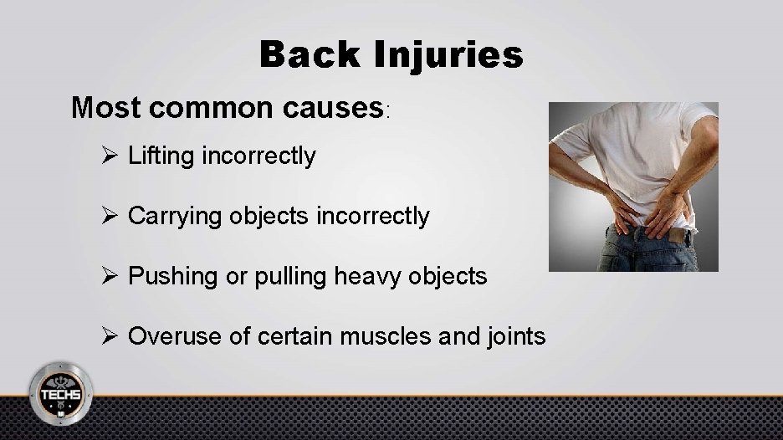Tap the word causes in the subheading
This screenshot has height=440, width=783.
point(334,108)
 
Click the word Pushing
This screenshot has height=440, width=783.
point(170,277)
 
